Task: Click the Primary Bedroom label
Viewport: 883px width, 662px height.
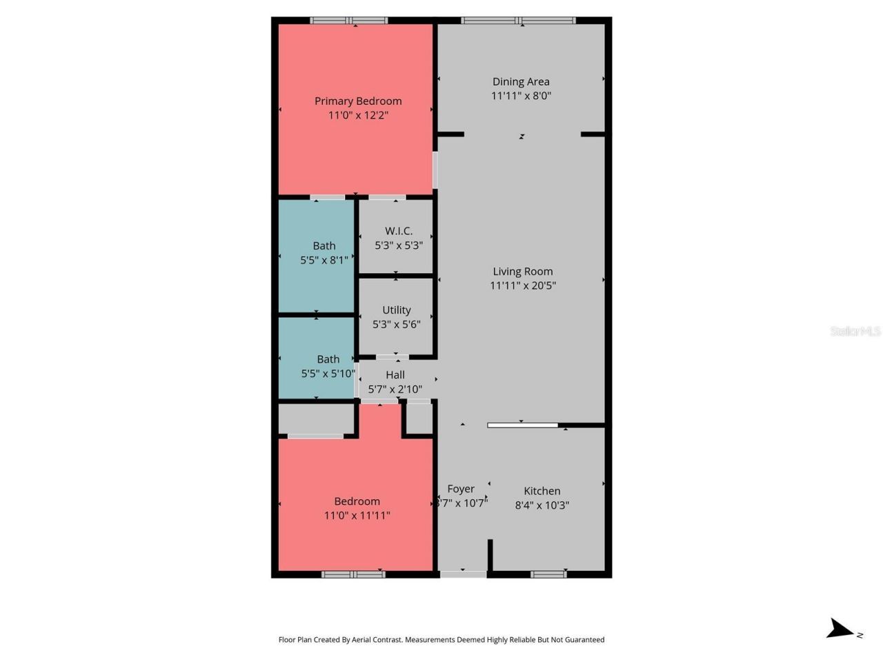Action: coord(358,101)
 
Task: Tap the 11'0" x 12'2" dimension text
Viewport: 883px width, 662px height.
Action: coord(358,115)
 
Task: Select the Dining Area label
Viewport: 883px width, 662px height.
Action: coord(521,81)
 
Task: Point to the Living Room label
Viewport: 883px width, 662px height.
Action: coord(522,271)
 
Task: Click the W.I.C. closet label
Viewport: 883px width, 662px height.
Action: coord(399,231)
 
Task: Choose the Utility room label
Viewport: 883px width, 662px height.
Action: coord(396,310)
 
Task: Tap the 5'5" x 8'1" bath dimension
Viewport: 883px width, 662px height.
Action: coord(324,260)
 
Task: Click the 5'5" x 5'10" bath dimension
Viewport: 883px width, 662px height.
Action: coord(328,374)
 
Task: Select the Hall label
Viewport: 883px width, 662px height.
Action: coord(395,374)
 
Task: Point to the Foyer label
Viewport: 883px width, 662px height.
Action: coord(461,489)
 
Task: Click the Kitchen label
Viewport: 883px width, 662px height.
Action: coord(542,491)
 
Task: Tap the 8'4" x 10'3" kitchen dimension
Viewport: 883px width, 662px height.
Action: coord(542,505)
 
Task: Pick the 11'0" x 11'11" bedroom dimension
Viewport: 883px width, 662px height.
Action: coord(357,515)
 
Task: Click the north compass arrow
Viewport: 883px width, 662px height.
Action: coord(840,628)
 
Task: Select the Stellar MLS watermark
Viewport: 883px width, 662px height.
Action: coord(855,331)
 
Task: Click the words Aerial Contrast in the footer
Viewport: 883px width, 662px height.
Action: coord(377,640)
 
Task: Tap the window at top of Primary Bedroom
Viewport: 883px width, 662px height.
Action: coord(349,21)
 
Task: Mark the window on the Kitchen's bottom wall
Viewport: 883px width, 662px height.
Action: coord(548,574)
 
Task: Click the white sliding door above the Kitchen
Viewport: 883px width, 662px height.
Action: coord(522,425)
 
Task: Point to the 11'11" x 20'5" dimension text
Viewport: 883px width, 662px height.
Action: coord(523,285)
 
